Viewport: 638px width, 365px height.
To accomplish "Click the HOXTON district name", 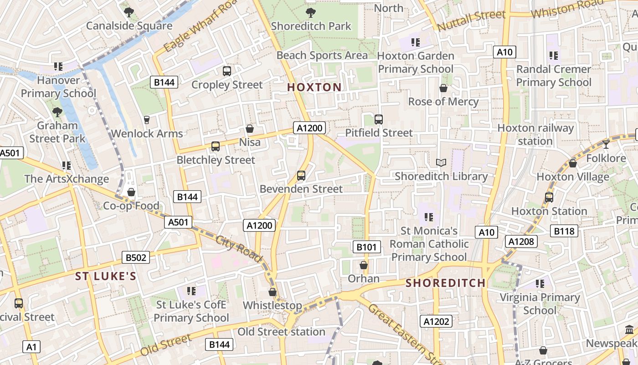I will click(314, 87).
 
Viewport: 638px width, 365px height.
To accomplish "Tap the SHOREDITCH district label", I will click(446, 283).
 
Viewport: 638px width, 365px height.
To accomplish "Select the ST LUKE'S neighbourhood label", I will click(106, 276).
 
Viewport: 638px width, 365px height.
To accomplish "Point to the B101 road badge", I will click(366, 247).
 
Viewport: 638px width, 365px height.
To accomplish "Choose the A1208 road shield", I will click(521, 241).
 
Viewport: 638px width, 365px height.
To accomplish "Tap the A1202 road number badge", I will click(436, 321).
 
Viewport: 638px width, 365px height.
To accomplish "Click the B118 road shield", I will click(564, 231).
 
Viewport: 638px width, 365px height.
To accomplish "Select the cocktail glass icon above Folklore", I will click(606, 145).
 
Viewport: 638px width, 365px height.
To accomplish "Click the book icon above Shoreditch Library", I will click(441, 162).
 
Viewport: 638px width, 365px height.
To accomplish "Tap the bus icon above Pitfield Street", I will click(378, 120).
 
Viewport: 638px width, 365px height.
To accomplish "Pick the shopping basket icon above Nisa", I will click(250, 129).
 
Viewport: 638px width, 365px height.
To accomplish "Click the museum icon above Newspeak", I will click(629, 329).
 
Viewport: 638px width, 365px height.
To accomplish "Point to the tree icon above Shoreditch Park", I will click(311, 12).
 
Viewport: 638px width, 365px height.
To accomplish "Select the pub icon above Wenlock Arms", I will click(147, 120).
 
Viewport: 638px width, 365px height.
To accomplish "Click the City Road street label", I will click(239, 249).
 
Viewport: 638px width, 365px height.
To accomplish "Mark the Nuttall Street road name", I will click(471, 21).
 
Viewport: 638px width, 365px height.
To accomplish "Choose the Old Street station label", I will click(281, 332).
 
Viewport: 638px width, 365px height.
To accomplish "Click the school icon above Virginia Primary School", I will click(540, 284).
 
